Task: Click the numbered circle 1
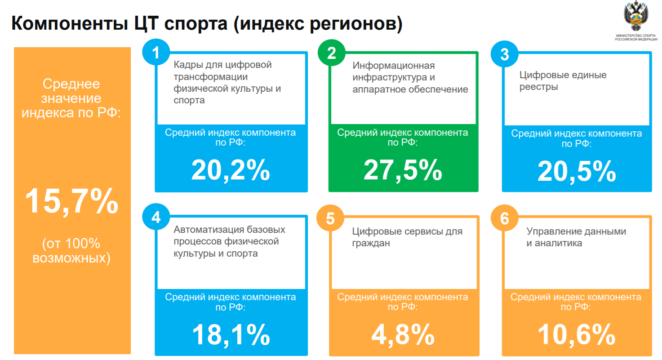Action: click(x=156, y=53)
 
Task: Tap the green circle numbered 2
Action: click(x=331, y=53)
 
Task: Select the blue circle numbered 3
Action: click(x=504, y=54)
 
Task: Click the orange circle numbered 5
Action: click(x=330, y=218)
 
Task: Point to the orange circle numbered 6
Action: click(x=504, y=218)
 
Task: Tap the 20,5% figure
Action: click(x=577, y=171)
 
